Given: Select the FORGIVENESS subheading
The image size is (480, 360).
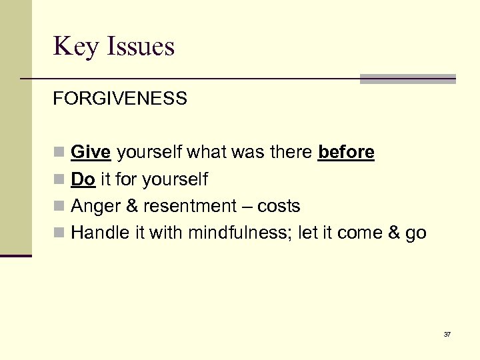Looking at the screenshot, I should click(x=120, y=99).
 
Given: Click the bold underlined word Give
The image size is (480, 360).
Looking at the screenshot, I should click(x=90, y=153).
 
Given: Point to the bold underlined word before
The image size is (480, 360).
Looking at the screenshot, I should click(x=346, y=153).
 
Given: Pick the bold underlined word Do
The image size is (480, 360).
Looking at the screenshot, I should click(x=83, y=179).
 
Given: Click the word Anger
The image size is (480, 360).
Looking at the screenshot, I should click(x=95, y=207).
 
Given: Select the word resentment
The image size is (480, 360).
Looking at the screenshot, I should click(x=189, y=207).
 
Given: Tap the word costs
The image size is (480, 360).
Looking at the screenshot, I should click(x=279, y=207).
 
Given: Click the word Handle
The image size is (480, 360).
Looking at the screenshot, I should click(x=99, y=233).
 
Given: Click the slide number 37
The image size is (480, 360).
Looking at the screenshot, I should click(x=447, y=334).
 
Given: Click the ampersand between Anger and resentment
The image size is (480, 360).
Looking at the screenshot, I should click(x=132, y=207).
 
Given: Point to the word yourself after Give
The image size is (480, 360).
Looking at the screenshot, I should click(x=149, y=153).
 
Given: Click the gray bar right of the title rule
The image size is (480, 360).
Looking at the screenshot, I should click(x=407, y=79).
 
